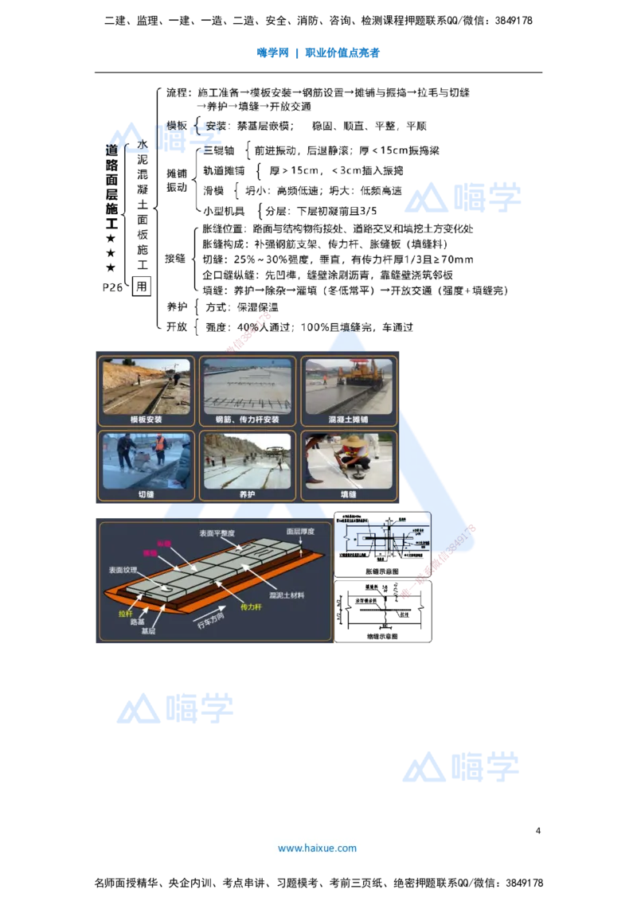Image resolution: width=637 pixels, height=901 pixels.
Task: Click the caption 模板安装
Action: tap(146, 419)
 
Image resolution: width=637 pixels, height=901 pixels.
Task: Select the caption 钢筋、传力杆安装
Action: tap(248, 419)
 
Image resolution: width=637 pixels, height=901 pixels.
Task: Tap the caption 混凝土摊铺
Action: tap(349, 419)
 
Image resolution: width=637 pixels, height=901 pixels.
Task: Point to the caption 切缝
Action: tap(146, 494)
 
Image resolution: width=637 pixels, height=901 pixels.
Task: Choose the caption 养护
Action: tap(248, 494)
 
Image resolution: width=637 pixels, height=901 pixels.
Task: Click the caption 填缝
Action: tap(349, 494)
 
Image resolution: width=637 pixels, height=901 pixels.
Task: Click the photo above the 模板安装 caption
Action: tap(146, 386)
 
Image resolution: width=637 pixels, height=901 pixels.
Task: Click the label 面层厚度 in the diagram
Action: tap(301, 531)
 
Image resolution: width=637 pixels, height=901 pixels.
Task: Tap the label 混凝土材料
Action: tap(287, 595)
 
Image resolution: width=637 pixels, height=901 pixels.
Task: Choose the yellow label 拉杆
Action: tap(125, 614)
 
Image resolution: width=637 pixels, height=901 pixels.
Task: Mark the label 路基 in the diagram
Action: tap(137, 622)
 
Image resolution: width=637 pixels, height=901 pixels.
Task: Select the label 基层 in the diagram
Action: tap(148, 631)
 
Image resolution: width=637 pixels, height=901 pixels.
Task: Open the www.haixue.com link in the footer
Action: tap(317, 848)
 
